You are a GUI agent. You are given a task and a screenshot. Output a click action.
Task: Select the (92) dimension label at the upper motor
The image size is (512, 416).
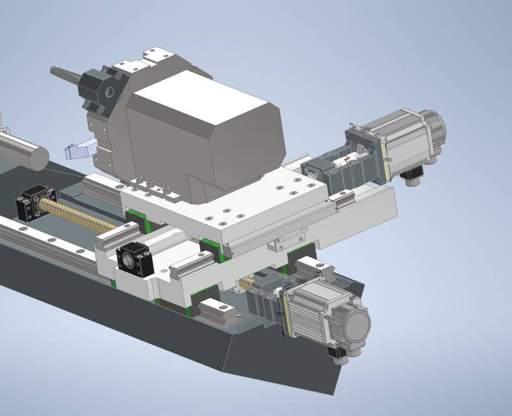click(x=388, y=159)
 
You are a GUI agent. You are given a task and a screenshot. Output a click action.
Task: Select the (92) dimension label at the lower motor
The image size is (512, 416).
click(x=280, y=314)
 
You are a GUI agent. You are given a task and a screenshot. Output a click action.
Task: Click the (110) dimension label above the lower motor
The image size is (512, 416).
click(x=301, y=280)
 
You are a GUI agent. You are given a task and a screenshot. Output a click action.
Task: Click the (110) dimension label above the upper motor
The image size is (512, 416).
click(x=365, y=129)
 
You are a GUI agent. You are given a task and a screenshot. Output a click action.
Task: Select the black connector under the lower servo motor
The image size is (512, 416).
click(x=337, y=352)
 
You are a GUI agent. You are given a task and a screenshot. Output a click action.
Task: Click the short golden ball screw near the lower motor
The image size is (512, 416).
click(x=246, y=283)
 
